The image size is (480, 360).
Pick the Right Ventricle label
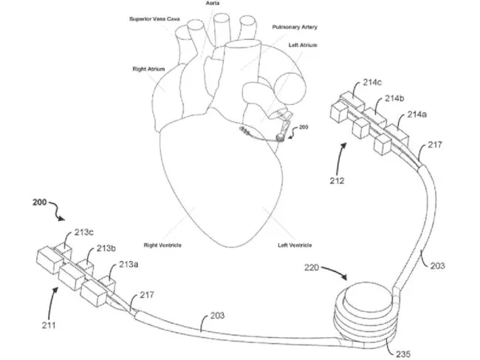coord(162,244)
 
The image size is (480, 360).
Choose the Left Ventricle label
coord(294,245)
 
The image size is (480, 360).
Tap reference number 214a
coord(417,115)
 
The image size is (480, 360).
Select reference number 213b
coord(106,248)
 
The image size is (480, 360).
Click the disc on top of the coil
coord(368,293)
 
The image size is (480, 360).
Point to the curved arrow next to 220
coord(334,275)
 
